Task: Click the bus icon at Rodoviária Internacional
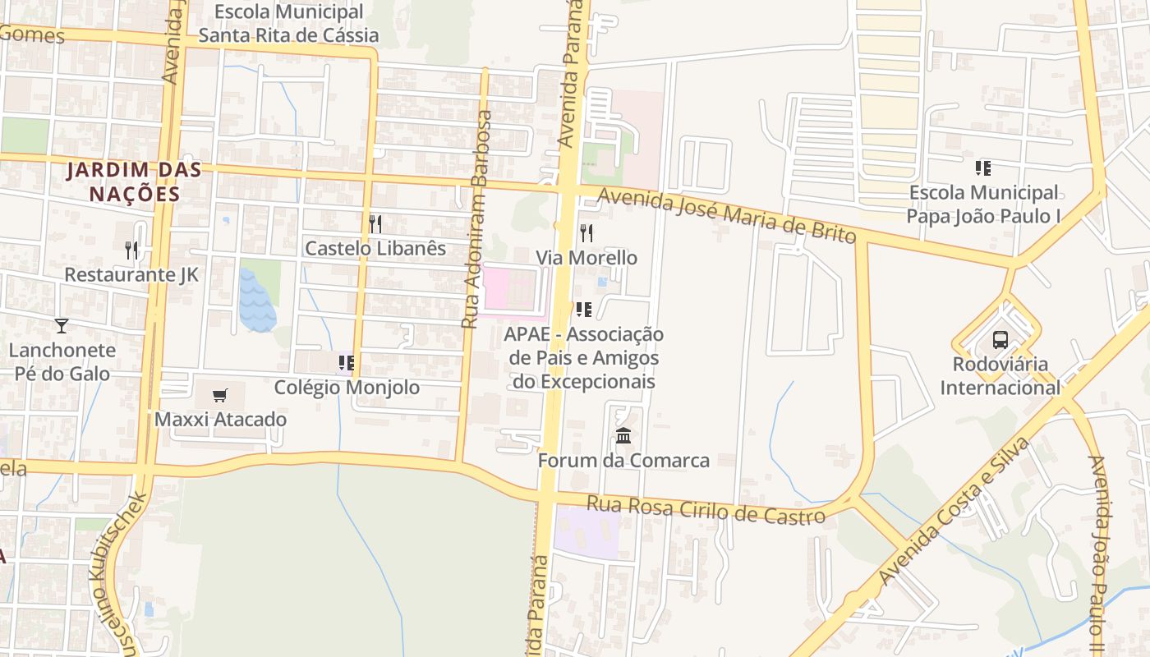pos(1000,339)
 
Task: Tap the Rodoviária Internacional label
pos(1000,375)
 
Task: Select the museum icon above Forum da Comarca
pos(623,435)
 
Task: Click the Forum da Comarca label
pos(623,460)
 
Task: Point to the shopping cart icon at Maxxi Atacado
pos(219,395)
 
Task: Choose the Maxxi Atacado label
pos(221,419)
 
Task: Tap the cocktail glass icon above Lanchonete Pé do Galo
pos(61,326)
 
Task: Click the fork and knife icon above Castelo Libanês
pos(375,223)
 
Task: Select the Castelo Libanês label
pos(375,248)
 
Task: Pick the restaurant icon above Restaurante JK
pos(131,250)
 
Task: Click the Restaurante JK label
pos(131,274)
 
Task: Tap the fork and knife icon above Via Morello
pos(586,233)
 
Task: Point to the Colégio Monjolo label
pos(347,387)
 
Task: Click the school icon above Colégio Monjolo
pos(346,362)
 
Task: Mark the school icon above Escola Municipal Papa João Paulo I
pos(982,168)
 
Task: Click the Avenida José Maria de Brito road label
pos(727,216)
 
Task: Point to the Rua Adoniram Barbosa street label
pos(476,219)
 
